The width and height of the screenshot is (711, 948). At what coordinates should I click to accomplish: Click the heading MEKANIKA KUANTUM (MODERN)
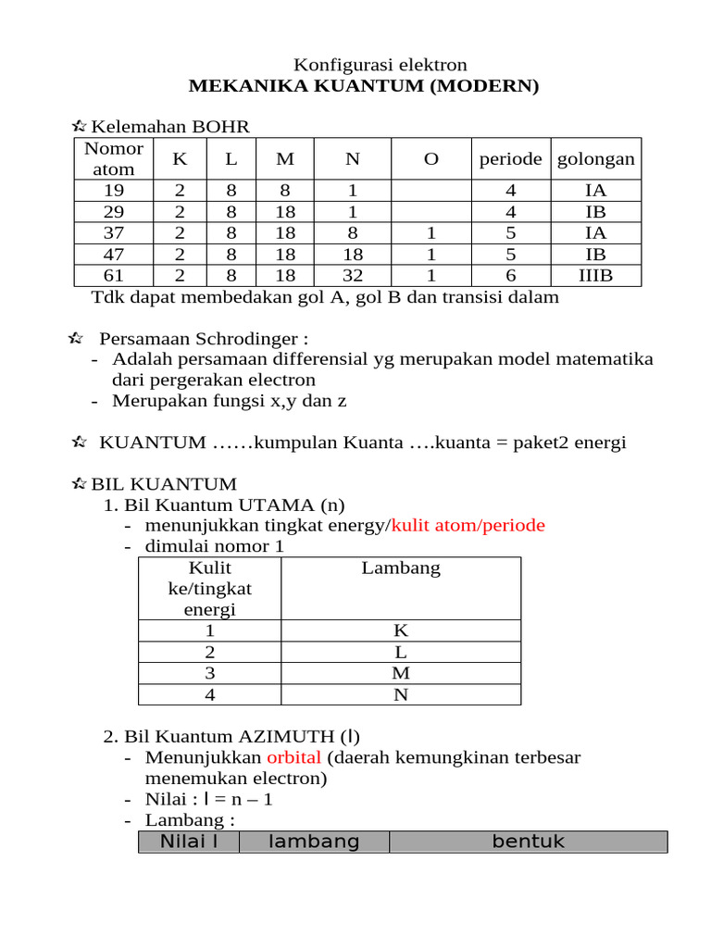pos(363,87)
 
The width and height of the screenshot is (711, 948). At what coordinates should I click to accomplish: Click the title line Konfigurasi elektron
pos(380,65)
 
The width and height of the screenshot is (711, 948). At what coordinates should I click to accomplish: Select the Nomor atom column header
pos(113,159)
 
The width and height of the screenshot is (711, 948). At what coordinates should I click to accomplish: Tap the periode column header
pos(510,159)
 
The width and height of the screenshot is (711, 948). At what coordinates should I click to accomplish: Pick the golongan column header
pos(595,159)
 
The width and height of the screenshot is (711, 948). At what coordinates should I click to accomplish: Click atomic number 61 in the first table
pos(113,276)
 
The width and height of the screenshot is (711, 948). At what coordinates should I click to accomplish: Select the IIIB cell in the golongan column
pos(595,276)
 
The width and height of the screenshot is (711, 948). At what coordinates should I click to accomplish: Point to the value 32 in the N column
pos(352,276)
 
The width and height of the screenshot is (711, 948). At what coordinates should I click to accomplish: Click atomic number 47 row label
pos(113,255)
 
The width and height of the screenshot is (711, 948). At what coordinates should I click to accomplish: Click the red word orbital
pos(293,757)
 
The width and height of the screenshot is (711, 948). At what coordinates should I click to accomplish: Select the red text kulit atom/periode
pos(468,526)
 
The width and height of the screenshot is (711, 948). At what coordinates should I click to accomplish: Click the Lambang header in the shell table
pos(400,568)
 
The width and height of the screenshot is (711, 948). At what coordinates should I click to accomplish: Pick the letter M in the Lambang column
pos(400,673)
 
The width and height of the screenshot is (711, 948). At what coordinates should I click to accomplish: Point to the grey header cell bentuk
pos(528,842)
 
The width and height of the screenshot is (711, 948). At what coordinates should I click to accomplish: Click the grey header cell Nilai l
pos(189,842)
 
